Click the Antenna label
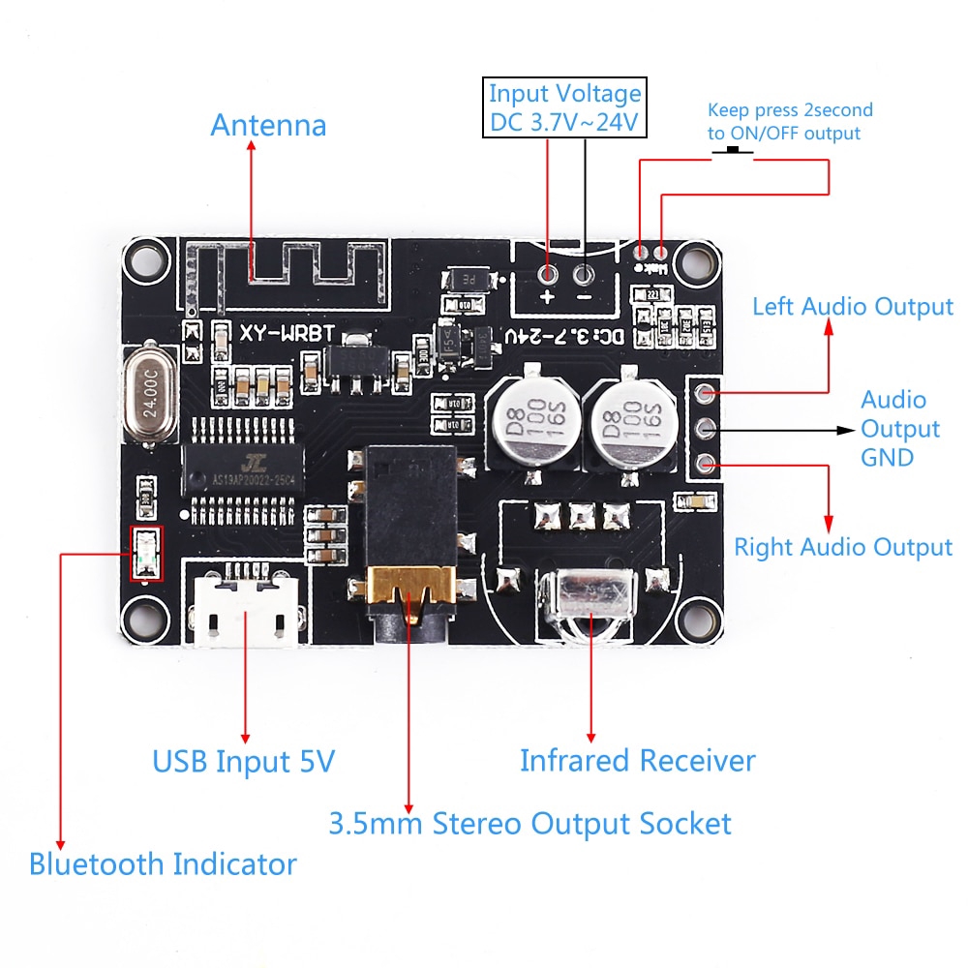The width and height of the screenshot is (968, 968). click(268, 126)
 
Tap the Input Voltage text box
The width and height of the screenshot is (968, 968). click(564, 108)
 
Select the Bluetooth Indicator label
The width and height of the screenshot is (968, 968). click(163, 863)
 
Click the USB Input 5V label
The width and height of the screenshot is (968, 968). click(243, 761)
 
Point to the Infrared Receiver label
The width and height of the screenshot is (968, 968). click(637, 760)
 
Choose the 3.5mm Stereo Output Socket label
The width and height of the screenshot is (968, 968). click(529, 824)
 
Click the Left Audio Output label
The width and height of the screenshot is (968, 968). click(853, 307)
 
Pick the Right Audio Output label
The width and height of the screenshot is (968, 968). click(842, 547)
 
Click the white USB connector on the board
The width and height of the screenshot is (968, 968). click(245, 612)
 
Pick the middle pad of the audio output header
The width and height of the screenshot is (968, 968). click(706, 428)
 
